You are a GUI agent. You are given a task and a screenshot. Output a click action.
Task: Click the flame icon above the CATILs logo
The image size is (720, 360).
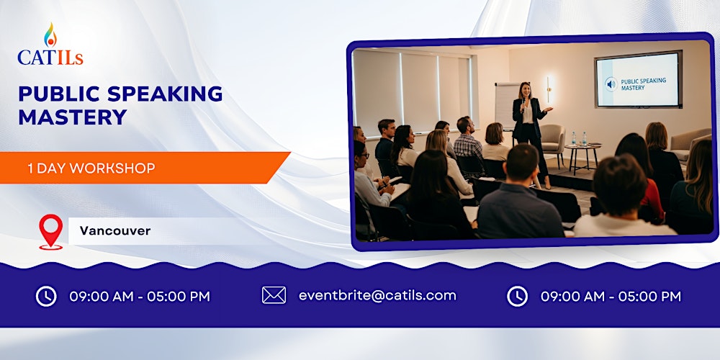click(49, 35)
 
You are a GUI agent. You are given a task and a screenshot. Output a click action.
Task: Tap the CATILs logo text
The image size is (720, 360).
click(50, 57)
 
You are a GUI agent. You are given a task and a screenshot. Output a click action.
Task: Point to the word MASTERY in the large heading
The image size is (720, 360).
click(72, 117)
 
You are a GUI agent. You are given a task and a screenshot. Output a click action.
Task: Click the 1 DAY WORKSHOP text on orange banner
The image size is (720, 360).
click(91, 168)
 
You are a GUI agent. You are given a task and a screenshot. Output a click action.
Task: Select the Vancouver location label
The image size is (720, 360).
click(115, 231)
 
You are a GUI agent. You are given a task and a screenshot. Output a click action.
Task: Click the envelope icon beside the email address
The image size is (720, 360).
click(274, 295)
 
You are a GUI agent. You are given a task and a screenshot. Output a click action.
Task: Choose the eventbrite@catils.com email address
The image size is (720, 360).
click(377, 295)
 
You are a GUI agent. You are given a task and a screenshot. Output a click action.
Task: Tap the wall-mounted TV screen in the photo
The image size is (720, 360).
click(637, 79)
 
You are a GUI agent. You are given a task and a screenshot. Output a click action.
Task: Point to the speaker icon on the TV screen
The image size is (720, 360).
click(611, 84)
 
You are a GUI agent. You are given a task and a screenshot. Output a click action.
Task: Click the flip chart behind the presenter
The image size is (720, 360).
click(506, 104)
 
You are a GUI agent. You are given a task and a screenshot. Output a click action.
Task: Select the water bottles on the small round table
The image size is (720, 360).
click(578, 138)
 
